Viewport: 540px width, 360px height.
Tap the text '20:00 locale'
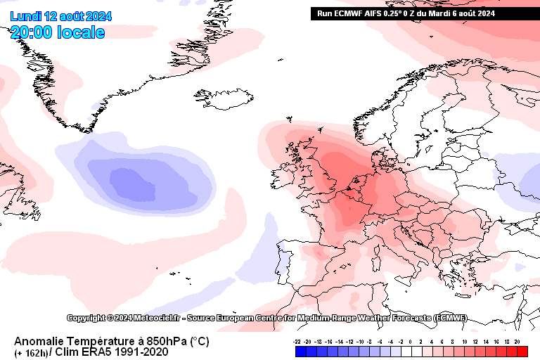[x=58, y=32]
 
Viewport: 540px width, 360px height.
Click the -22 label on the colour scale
[x=297, y=341]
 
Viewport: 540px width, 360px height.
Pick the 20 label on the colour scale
[x=517, y=341]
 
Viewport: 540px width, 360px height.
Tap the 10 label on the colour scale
[x=464, y=341]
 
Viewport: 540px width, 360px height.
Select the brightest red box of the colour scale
[x=521, y=351]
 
